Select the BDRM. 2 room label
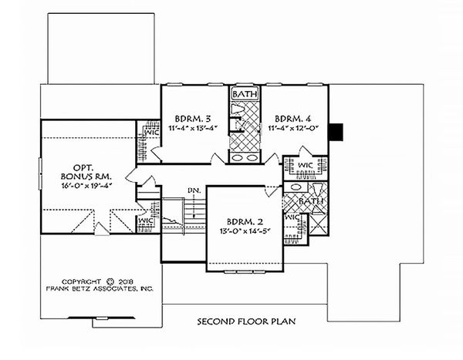pos(242,217)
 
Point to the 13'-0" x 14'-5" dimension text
pos(242,229)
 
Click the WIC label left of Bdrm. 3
pos(150,133)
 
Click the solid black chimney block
pos(336,132)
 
